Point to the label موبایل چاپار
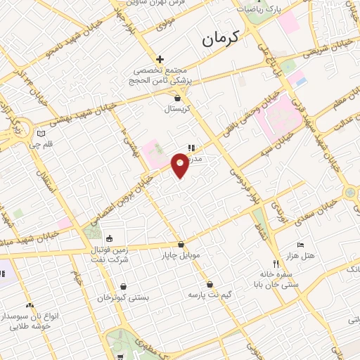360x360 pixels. [182, 255]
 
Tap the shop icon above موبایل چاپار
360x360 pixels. [182, 245]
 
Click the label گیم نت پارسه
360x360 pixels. [210, 292]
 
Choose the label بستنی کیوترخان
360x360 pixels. [124, 297]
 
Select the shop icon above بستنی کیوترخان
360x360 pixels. [124, 287]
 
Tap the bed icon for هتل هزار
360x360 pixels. [301, 245]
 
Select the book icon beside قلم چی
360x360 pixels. [41, 134]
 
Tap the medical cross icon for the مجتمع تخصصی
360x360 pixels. [160, 59]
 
